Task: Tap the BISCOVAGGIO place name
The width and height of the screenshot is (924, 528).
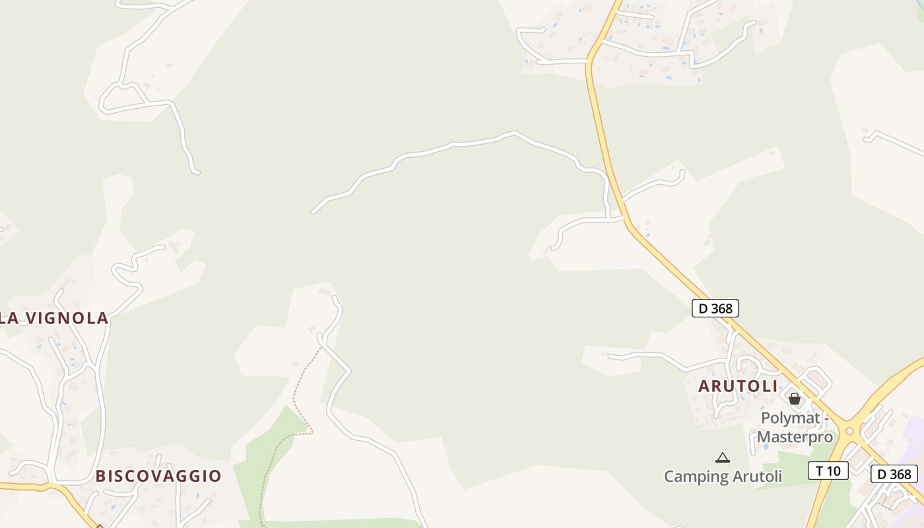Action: pyautogui.click(x=158, y=476)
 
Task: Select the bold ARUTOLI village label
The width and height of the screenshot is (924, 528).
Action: pyautogui.click(x=738, y=387)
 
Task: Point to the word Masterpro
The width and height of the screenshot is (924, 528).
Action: pyautogui.click(x=795, y=437)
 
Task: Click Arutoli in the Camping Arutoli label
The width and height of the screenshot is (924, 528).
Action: pyautogui.click(x=759, y=477)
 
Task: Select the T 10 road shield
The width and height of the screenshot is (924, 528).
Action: pyautogui.click(x=828, y=471)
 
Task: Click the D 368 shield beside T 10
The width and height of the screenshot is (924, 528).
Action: pyautogui.click(x=894, y=474)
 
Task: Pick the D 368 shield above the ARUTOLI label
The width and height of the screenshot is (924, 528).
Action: pyautogui.click(x=715, y=308)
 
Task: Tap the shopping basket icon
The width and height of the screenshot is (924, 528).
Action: pyautogui.click(x=795, y=399)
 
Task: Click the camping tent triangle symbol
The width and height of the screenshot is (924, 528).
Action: pyautogui.click(x=723, y=457)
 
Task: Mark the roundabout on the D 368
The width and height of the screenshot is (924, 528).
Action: pyautogui.click(x=849, y=432)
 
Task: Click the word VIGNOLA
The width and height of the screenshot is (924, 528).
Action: pyautogui.click(x=67, y=318)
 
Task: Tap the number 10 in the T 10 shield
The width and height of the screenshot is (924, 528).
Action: pyautogui.click(x=834, y=471)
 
